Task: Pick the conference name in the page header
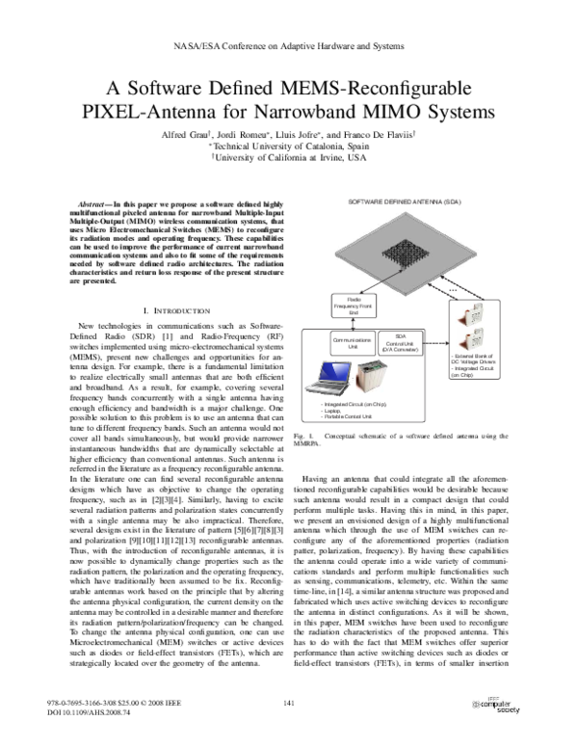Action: pyautogui.click(x=288, y=45)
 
